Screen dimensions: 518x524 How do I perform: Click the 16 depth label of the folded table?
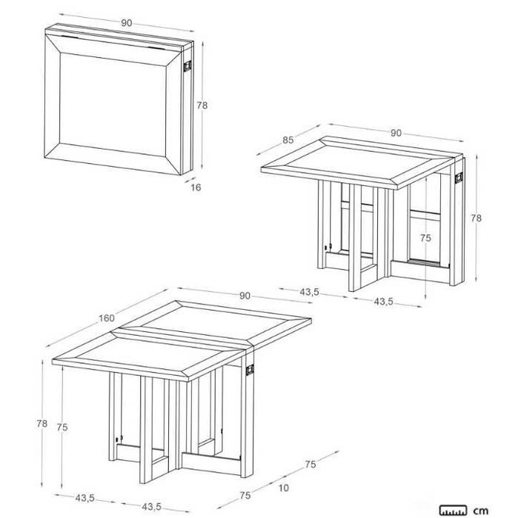[x=196, y=187]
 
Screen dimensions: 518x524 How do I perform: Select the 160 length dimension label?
[x=107, y=318]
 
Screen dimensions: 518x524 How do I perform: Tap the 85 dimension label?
[x=288, y=139]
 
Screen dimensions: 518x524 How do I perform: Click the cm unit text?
[x=482, y=510]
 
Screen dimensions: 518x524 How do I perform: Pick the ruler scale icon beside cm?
[x=454, y=510]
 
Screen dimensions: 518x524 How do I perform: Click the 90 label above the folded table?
[x=127, y=23]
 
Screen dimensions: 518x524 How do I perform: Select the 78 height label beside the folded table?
[x=202, y=105]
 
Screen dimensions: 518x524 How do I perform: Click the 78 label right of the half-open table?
[x=477, y=218]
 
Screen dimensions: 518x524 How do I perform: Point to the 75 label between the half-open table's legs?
[x=425, y=238]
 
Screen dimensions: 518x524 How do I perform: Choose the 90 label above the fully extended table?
[x=245, y=296]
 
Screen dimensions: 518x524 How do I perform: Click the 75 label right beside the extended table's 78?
[x=64, y=427]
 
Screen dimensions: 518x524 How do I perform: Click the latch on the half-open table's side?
[x=460, y=179]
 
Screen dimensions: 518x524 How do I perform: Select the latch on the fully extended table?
[x=251, y=368]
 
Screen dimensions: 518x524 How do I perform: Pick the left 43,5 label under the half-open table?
[x=309, y=292]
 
